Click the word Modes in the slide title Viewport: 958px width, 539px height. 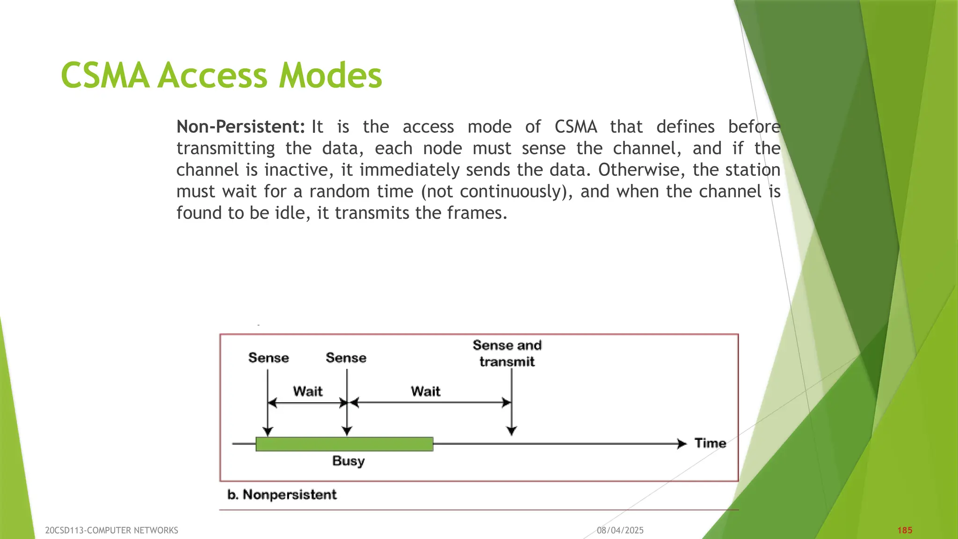330,76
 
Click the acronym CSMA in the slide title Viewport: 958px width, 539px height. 105,76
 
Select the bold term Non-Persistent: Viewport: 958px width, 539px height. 240,127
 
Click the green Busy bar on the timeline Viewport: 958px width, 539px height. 344,444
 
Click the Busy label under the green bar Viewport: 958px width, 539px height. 348,461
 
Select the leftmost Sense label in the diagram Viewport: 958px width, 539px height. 269,358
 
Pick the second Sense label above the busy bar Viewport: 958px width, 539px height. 346,358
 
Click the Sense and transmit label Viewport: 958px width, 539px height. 507,353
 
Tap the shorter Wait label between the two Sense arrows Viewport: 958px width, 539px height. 308,391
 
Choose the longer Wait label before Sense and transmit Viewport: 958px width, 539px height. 426,391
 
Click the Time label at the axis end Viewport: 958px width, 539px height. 710,443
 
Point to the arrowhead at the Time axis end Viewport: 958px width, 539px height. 682,444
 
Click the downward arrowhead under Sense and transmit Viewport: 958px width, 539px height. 512,431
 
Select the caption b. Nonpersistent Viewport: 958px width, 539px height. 282,495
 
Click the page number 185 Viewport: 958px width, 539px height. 905,530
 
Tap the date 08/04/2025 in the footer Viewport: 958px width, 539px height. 620,530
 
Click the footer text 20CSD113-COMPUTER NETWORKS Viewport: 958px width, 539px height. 111,530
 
